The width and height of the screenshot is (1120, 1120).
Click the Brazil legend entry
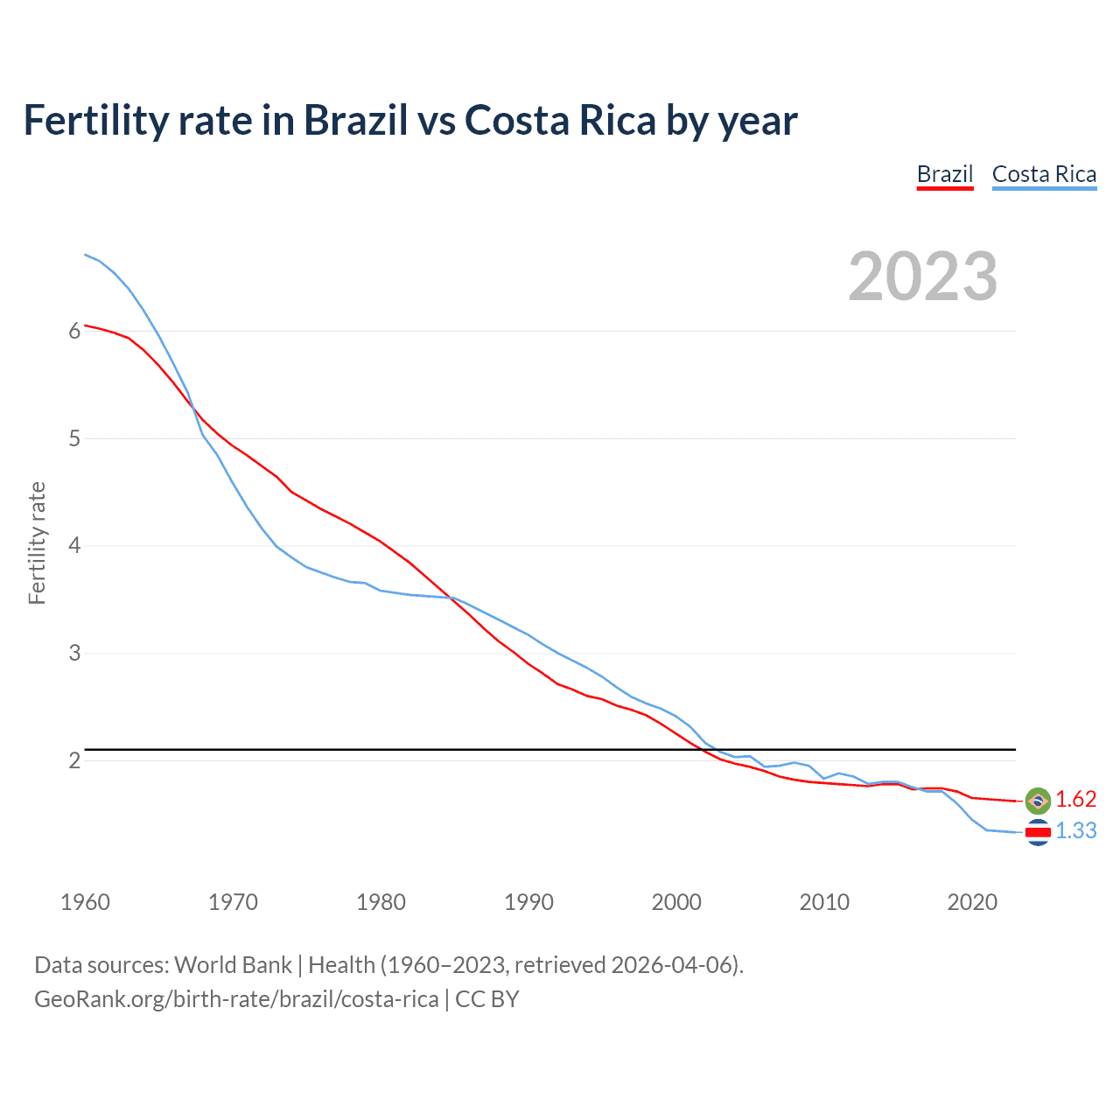pos(945,174)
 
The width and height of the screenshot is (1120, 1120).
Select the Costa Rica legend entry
pos(1044,174)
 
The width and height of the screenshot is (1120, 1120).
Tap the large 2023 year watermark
pos(922,276)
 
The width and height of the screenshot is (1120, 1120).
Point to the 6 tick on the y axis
pos(74,331)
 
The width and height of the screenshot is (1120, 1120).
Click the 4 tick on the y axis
pos(74,546)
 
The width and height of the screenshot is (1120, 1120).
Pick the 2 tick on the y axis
pos(74,760)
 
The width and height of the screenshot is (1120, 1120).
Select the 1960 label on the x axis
pos(85,902)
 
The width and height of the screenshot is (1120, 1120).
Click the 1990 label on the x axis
pos(528,902)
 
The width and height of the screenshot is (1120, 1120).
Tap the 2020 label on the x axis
pos(972,902)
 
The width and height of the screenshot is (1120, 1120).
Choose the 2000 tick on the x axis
pos(676,902)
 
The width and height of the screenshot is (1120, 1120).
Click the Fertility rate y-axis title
pos(37,542)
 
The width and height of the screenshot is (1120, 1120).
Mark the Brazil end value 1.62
pos(1075,799)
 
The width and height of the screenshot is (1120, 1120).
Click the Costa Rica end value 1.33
pos(1075,830)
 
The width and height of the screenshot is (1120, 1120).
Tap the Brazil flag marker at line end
pos(1038,800)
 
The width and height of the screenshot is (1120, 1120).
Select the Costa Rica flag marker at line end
pos(1038,832)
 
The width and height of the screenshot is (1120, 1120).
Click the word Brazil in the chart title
pos(355,120)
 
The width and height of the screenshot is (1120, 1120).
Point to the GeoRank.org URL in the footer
pos(236,998)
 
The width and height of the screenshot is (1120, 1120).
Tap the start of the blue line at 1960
pos(86,255)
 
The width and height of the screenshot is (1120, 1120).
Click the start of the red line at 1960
pos(86,325)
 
